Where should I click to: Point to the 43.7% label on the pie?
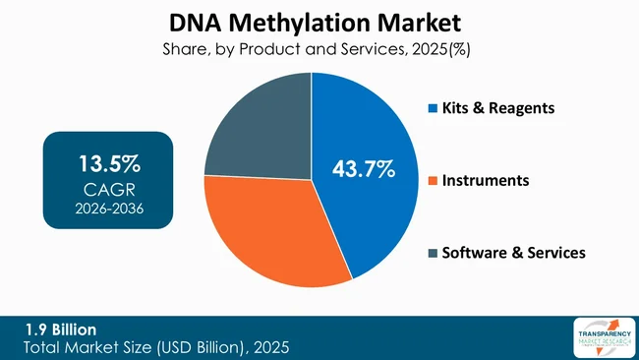(x=364, y=171)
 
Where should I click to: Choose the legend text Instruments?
(x=486, y=181)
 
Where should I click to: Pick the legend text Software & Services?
(x=514, y=254)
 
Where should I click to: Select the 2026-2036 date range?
(x=108, y=208)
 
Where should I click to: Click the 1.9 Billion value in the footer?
(x=61, y=329)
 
